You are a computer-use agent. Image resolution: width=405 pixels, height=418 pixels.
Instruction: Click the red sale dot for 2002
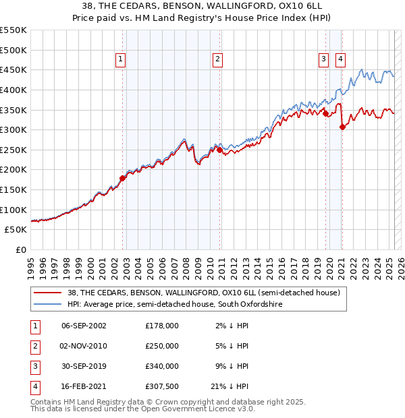coord(123,178)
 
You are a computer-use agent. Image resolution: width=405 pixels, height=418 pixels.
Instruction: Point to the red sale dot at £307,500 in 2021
coord(342,127)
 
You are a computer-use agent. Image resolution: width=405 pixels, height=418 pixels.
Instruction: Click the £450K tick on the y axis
coord(13,69)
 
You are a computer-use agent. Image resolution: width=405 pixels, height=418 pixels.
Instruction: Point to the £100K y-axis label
coord(13,210)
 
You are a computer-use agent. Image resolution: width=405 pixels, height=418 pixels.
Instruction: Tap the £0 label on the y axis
coord(20,249)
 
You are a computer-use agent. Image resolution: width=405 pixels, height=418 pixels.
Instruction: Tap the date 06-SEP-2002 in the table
coord(84,325)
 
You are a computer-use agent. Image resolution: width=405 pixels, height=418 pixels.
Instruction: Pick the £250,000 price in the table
coord(162,346)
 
